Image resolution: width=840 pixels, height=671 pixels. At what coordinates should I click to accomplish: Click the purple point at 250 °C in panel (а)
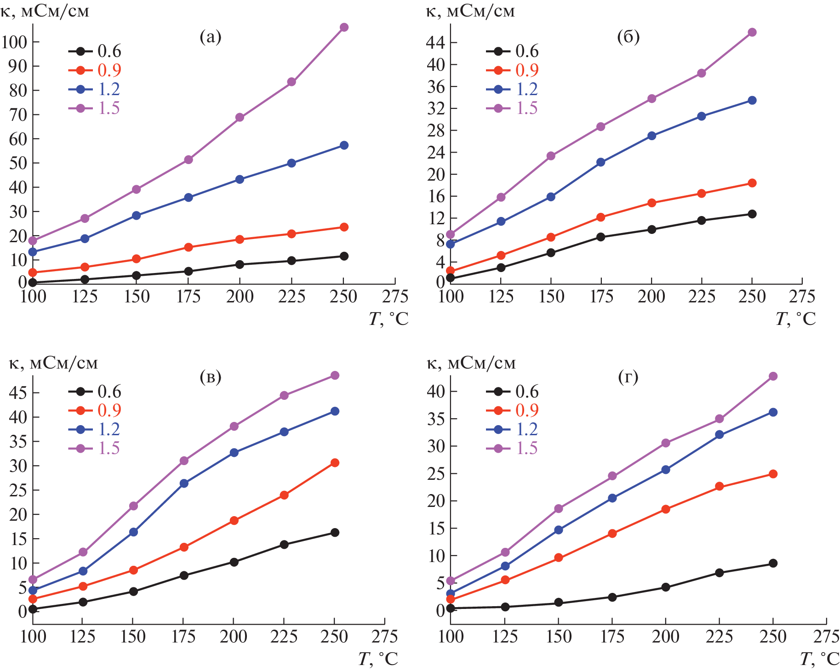coord(344,28)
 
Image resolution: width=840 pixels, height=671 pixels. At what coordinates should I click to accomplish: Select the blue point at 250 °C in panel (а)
coord(344,145)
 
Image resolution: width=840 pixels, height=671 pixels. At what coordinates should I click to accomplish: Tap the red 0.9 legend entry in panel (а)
coord(95,70)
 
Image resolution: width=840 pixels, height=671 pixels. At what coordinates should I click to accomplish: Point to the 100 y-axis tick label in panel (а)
coord(14,42)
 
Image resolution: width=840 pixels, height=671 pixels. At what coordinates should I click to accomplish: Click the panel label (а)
coord(211,37)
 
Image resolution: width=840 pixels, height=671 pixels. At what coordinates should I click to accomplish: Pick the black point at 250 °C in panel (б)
coord(752,214)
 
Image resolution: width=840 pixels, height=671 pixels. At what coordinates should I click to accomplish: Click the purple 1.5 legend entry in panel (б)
coord(512,108)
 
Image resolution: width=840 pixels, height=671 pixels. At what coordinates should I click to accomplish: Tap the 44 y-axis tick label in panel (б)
coord(435,43)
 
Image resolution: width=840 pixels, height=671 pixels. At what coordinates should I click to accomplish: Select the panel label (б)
coord(628,37)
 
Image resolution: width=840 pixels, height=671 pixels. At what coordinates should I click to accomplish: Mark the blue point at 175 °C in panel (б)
coord(600,162)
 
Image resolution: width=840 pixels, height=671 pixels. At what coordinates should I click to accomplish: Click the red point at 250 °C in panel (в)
coord(335,463)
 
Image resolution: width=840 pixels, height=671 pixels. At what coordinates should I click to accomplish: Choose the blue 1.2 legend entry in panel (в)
coord(95,429)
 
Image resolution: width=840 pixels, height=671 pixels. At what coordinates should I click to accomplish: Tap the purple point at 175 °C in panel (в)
coord(184,461)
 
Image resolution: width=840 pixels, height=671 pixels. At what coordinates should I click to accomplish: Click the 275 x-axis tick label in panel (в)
coord(384,637)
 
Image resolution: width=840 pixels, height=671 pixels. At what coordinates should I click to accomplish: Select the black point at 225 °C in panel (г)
coord(719,573)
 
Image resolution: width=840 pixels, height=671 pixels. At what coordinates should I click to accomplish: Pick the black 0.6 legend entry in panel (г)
coord(512,392)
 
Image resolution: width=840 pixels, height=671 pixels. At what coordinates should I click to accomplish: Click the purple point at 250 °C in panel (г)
coord(773,376)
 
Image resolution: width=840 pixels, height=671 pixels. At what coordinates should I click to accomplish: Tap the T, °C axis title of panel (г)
coord(819,659)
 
